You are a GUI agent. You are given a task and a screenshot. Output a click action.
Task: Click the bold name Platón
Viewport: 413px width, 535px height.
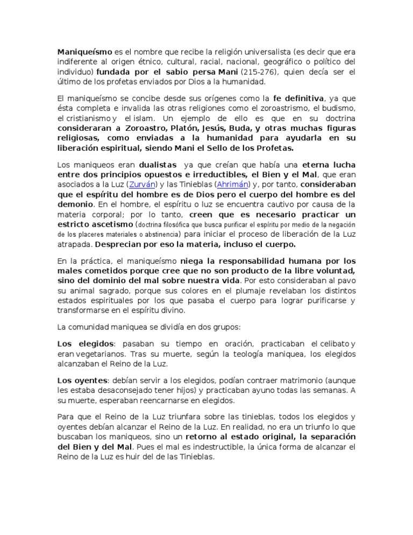(188, 128)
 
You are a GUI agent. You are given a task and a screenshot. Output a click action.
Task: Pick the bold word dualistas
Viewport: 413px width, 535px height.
(159, 165)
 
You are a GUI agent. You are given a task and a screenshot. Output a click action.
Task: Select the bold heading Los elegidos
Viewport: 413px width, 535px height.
(86, 343)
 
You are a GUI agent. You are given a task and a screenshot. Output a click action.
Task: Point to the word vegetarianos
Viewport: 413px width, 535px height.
(100, 353)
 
